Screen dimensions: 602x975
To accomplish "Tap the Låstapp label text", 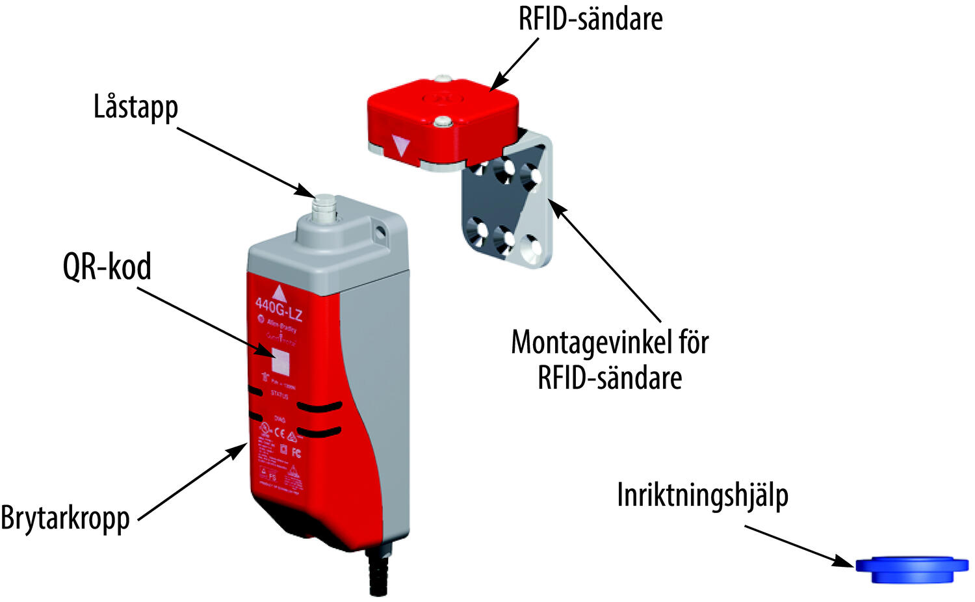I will click(135, 107).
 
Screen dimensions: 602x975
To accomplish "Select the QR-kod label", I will click(107, 267).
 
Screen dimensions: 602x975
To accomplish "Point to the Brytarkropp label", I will click(65, 518).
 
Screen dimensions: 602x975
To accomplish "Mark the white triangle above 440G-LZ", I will click(278, 292).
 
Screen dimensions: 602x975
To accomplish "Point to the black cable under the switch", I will click(378, 572).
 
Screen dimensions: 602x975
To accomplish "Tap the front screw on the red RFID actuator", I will click(443, 121).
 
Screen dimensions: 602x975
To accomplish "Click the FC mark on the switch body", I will click(296, 452).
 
